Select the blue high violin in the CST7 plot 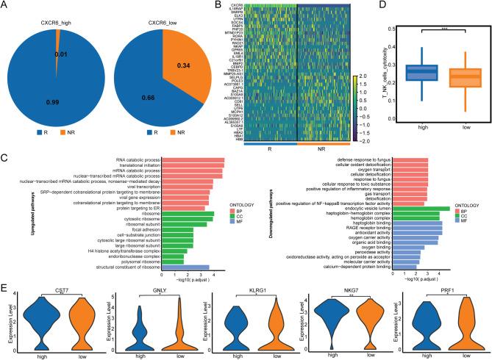pyautogui.click(x=37, y=323)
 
